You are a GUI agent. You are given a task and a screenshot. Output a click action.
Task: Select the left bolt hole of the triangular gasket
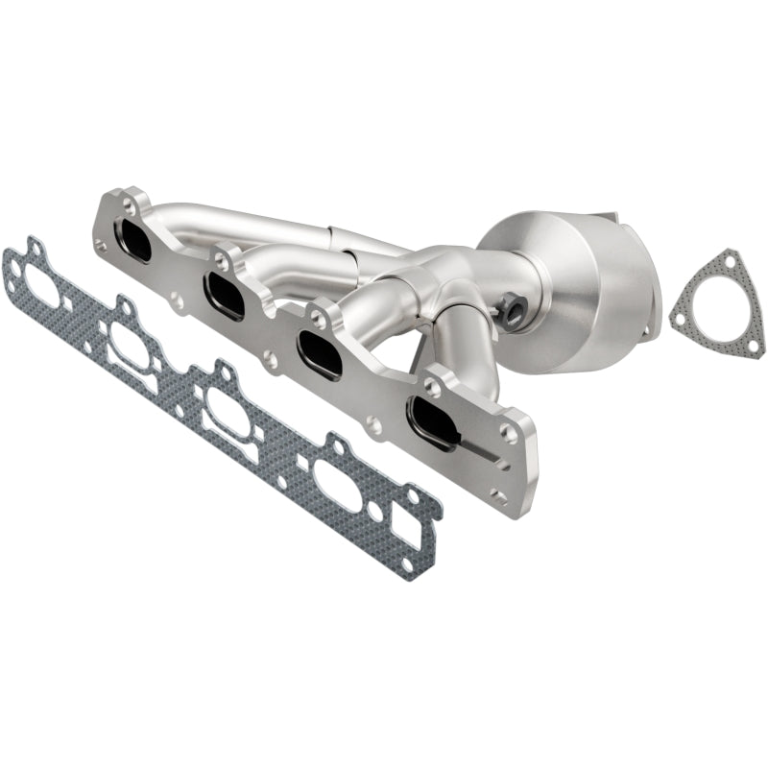tap(680, 314)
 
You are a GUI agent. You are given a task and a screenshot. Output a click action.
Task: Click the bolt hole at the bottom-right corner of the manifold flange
tap(498, 495)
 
